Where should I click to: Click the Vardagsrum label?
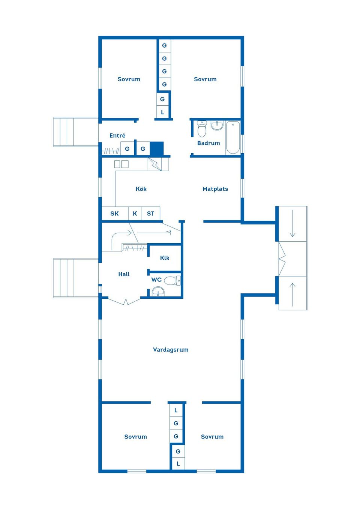click(x=171, y=349)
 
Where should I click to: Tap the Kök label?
click(x=141, y=189)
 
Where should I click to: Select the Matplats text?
click(x=215, y=189)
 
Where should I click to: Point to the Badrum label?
click(x=208, y=143)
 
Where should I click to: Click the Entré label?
click(x=117, y=135)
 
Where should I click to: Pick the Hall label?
click(x=124, y=274)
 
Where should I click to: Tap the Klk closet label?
click(x=165, y=258)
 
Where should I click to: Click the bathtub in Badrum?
click(x=233, y=138)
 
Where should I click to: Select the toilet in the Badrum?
click(x=202, y=129)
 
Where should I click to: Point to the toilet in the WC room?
click(x=172, y=280)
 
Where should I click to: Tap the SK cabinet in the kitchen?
click(x=115, y=213)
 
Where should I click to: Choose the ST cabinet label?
click(x=150, y=213)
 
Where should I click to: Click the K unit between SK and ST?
click(x=135, y=213)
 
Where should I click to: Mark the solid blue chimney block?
click(x=157, y=148)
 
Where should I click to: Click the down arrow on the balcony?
click(x=292, y=223)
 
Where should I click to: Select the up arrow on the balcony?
click(x=292, y=295)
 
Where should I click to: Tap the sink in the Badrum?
click(x=217, y=126)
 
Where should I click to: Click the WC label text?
click(x=156, y=280)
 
